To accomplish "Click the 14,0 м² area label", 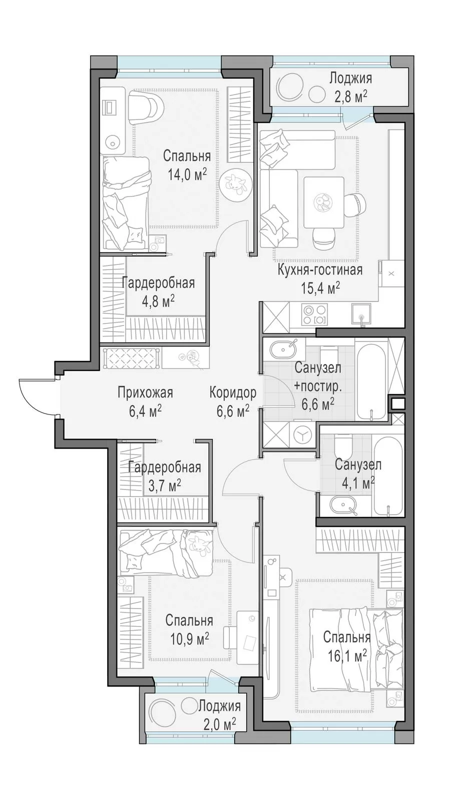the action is click(x=187, y=174).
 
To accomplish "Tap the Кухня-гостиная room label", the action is click(x=320, y=270).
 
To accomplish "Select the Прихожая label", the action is click(x=146, y=393).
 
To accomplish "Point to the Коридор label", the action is click(x=233, y=393).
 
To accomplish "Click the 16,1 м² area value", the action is click(x=347, y=655).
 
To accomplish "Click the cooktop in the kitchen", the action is click(x=314, y=314).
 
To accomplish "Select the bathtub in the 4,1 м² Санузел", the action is click(x=388, y=474).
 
